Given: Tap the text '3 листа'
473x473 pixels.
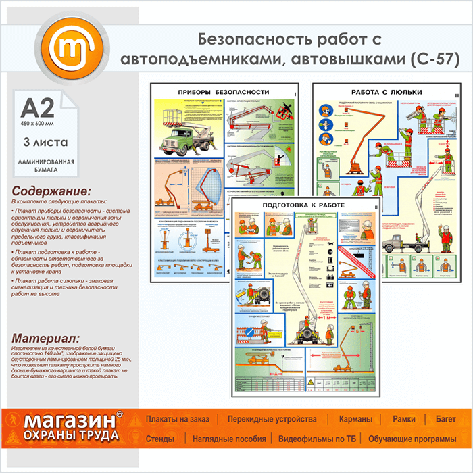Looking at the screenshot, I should pos(40,143).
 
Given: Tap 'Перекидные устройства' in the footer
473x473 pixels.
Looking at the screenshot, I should pos(272,419).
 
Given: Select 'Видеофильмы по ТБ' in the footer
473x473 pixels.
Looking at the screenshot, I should pos(317,439).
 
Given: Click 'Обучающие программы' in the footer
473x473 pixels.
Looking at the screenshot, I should pos(412,439).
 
